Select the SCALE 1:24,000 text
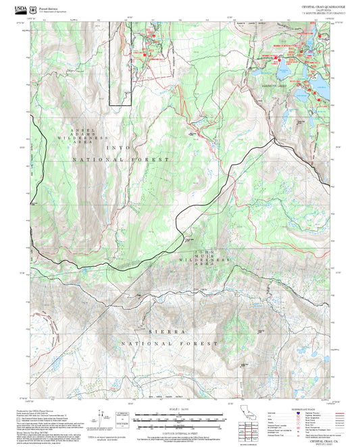click(180, 409)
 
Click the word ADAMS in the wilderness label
click(81, 136)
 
